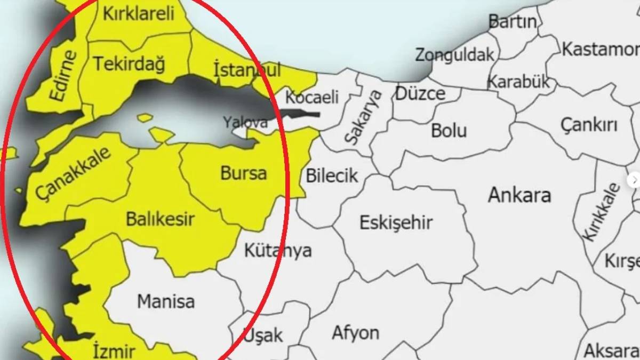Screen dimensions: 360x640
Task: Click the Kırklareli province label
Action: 139,14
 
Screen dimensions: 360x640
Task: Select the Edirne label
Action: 63,75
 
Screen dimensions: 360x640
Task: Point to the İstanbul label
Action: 246,69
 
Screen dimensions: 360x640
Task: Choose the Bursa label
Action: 243,173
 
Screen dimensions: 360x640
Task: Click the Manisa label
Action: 166,301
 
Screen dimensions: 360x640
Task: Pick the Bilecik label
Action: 332,175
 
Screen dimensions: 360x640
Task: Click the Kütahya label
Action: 277,250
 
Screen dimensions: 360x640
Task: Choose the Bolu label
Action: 449,131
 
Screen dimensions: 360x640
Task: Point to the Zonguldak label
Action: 455,54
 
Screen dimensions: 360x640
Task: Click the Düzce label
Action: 420,93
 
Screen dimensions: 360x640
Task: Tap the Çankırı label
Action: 589,125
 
